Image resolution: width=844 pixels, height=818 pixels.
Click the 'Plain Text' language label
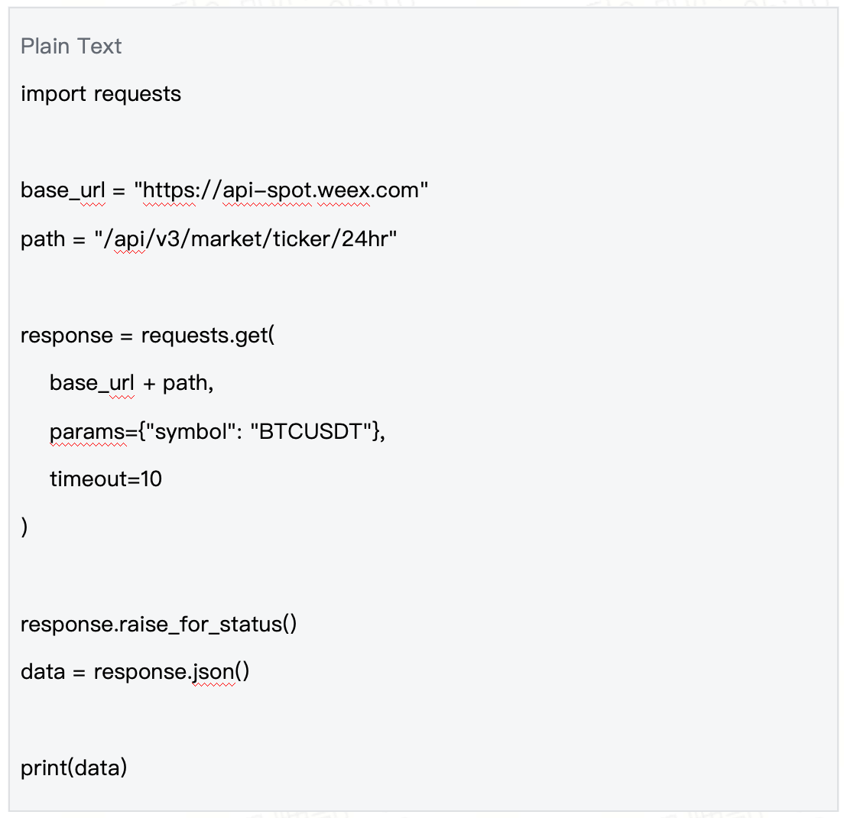pyautogui.click(x=71, y=47)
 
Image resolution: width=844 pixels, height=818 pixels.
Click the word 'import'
pyautogui.click(x=54, y=94)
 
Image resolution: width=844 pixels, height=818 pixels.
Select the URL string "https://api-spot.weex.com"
pyautogui.click(x=281, y=190)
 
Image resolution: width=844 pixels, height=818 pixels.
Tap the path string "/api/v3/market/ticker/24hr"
pyautogui.click(x=245, y=239)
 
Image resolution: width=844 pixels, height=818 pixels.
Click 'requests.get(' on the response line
pyautogui.click(x=208, y=336)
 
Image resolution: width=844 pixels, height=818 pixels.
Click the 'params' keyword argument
pyautogui.click(x=87, y=432)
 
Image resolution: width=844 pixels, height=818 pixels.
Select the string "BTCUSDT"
pyautogui.click(x=312, y=432)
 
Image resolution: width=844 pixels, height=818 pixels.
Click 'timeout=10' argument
pyautogui.click(x=106, y=479)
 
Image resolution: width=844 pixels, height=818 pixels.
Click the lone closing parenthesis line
pyautogui.click(x=24, y=527)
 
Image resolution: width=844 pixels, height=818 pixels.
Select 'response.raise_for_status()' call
pyautogui.click(x=159, y=625)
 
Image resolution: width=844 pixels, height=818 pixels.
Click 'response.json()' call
pyautogui.click(x=172, y=672)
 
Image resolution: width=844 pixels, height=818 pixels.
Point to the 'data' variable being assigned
pyautogui.click(x=43, y=672)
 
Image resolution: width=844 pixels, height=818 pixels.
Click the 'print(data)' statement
pyautogui.click(x=73, y=768)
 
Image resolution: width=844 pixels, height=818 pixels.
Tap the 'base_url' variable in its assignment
pyautogui.click(x=63, y=190)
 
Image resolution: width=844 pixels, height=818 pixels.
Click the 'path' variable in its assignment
pyautogui.click(x=43, y=239)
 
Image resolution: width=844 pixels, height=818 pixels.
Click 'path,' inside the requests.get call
pyautogui.click(x=188, y=384)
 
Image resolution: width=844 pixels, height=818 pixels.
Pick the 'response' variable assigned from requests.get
pyautogui.click(x=67, y=336)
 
